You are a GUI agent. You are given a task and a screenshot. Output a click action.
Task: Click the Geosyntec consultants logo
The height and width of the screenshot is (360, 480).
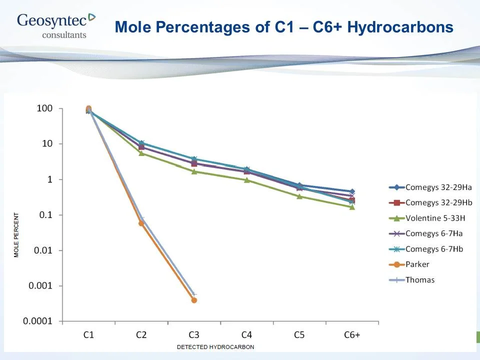[55, 25]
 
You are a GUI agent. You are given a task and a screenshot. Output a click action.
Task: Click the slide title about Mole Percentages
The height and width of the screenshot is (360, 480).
[284, 27]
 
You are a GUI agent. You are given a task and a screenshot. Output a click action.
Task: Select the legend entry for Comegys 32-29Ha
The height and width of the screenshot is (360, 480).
[430, 187]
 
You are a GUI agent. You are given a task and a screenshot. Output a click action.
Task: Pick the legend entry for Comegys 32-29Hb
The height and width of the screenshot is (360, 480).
[430, 202]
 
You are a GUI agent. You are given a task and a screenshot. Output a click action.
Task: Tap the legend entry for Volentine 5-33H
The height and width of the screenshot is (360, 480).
[429, 218]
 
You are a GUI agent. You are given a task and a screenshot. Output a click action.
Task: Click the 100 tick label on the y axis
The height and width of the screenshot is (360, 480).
[44, 109]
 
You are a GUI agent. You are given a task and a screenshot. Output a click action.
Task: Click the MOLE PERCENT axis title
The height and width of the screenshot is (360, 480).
[16, 235]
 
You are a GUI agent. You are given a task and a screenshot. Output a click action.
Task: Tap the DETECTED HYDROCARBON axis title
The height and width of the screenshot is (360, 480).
[215, 347]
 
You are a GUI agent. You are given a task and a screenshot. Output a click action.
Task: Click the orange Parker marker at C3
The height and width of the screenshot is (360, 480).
[194, 300]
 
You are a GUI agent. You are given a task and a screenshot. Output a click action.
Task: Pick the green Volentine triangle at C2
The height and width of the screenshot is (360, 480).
[141, 153]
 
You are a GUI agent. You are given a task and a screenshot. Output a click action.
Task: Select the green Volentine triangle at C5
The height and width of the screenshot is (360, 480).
[299, 196]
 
